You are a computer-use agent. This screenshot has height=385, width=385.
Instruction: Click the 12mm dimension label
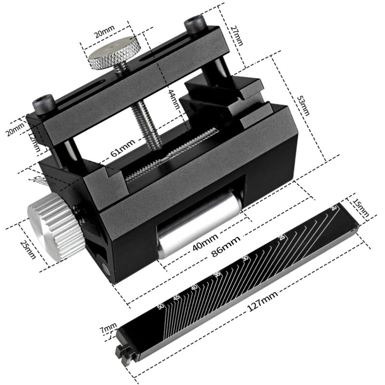pyautogui.click(x=34, y=143)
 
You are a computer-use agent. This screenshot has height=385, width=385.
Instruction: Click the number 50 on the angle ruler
pyautogui.click(x=161, y=307)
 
